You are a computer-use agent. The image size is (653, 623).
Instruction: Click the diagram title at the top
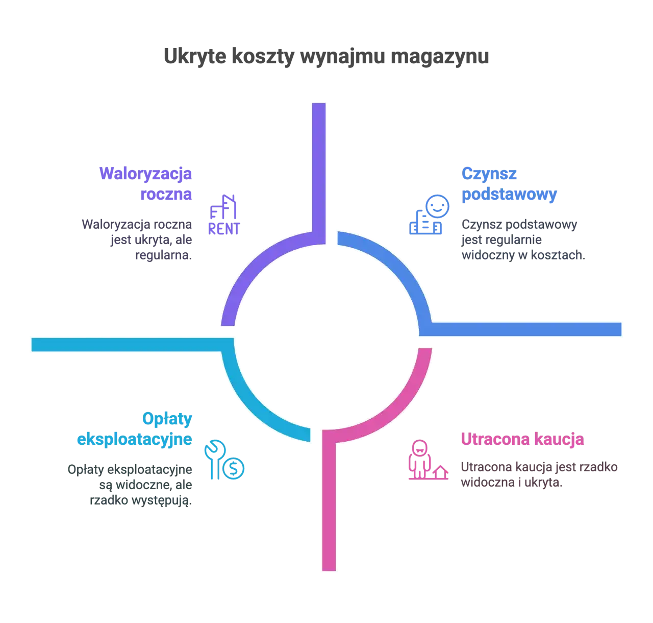326,56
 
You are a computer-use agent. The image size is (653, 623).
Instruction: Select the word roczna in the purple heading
167,194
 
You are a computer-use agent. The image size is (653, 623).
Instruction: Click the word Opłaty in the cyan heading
168,419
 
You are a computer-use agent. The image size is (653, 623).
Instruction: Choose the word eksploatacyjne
134,439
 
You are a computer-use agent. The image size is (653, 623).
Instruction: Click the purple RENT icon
224,215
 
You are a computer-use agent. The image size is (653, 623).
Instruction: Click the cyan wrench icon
214,458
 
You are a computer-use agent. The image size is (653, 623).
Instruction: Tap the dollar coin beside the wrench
234,467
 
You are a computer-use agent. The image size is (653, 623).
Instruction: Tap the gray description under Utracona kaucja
540,475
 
